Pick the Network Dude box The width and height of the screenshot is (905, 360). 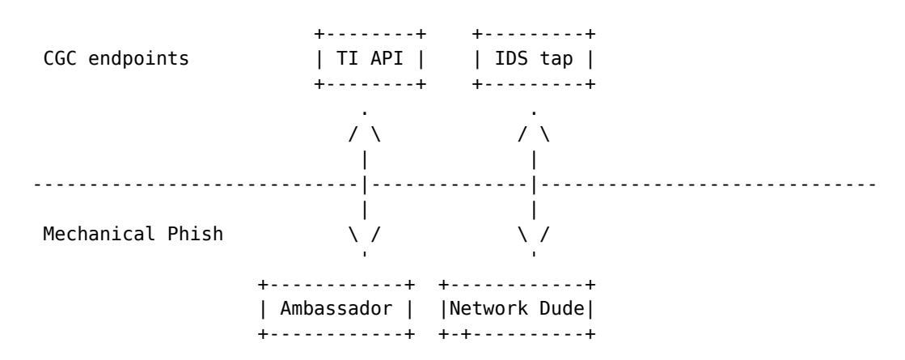click(514, 308)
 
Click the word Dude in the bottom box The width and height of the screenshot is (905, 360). click(556, 308)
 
